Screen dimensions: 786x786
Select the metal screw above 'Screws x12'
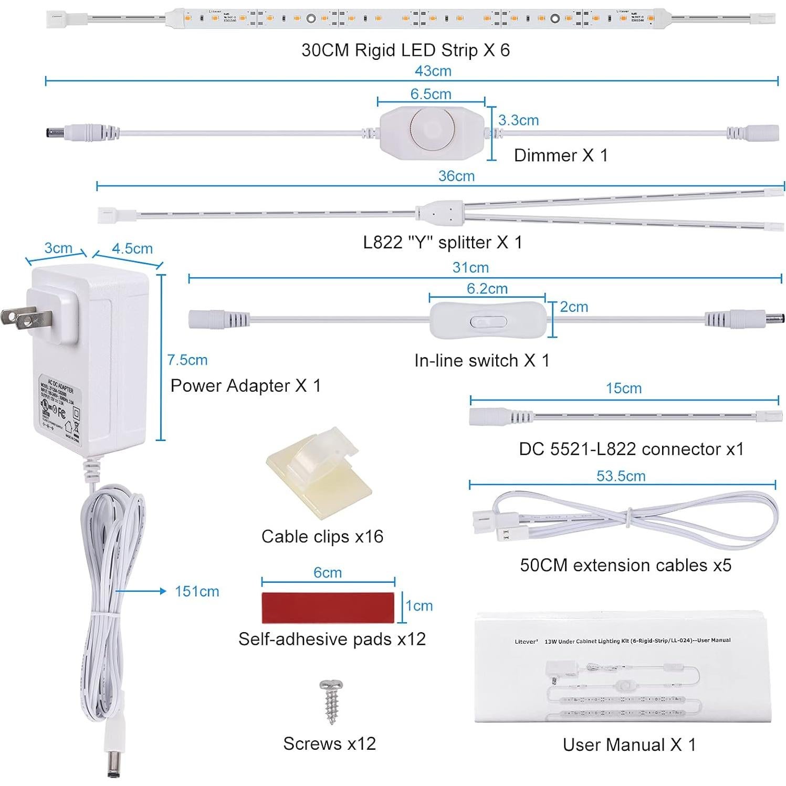[331, 701]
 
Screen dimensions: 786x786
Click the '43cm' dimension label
[433, 71]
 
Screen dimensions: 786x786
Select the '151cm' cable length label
[197, 591]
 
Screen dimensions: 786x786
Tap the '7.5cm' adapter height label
[187, 360]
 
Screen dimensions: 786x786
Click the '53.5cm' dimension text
[621, 476]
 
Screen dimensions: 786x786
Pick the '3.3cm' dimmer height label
[518, 120]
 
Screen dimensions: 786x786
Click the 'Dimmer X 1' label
[561, 155]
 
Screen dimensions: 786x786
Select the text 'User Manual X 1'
[629, 745]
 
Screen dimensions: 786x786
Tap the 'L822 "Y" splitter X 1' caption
[443, 243]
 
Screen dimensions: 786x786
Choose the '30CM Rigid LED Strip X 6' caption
[405, 50]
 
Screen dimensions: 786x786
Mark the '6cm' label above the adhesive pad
[328, 572]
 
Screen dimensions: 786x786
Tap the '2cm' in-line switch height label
[574, 307]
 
